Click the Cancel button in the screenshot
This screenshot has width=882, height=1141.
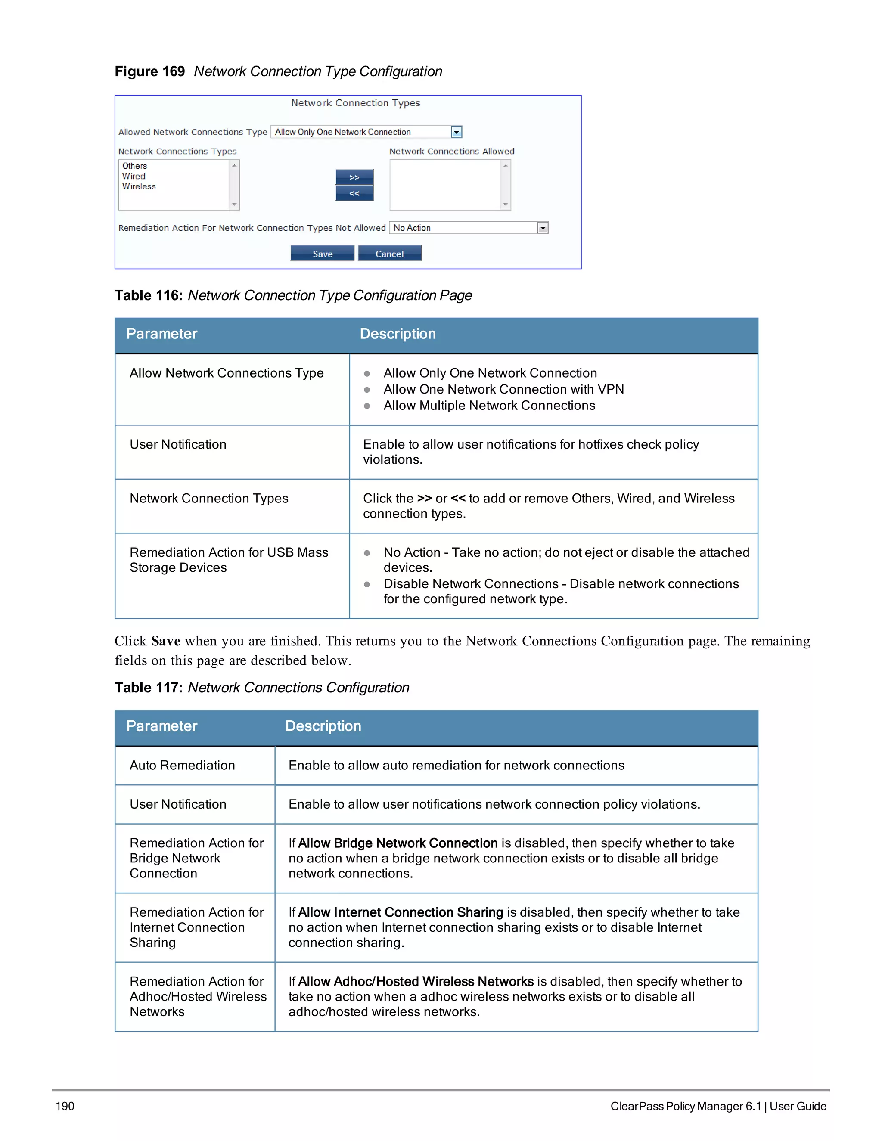tap(389, 254)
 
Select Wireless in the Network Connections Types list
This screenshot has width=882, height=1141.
tap(139, 186)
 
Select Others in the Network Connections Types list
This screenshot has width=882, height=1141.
tap(135, 166)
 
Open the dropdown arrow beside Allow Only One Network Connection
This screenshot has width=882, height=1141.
tap(456, 132)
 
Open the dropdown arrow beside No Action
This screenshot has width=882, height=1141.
tap(542, 228)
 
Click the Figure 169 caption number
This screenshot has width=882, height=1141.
tap(149, 71)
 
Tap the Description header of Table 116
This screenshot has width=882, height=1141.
tap(397, 334)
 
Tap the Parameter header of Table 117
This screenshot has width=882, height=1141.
tap(161, 726)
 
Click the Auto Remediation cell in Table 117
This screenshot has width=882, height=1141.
tap(182, 766)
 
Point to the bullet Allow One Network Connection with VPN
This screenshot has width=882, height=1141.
tap(503, 389)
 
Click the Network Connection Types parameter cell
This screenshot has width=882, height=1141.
tap(208, 499)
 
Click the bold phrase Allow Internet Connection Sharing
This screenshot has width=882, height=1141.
tap(400, 913)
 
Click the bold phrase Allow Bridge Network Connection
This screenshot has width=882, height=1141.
tap(397, 843)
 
